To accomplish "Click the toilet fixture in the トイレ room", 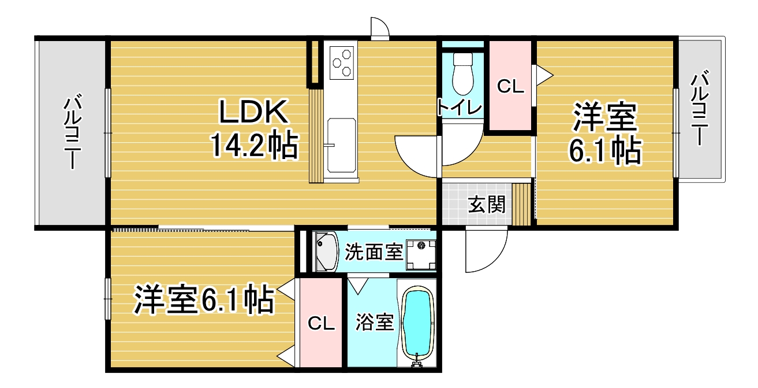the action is click(462, 73).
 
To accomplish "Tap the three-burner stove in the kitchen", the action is click(341, 62).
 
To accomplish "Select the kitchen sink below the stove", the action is click(341, 145).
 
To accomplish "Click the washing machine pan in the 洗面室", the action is click(421, 254).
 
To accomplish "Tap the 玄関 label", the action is click(486, 204).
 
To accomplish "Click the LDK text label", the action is click(254, 111).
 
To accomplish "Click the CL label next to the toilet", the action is click(510, 86).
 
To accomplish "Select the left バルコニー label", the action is click(72, 133).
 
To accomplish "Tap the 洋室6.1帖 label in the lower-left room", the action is click(204, 300).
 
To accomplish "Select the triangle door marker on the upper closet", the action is click(543, 75).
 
